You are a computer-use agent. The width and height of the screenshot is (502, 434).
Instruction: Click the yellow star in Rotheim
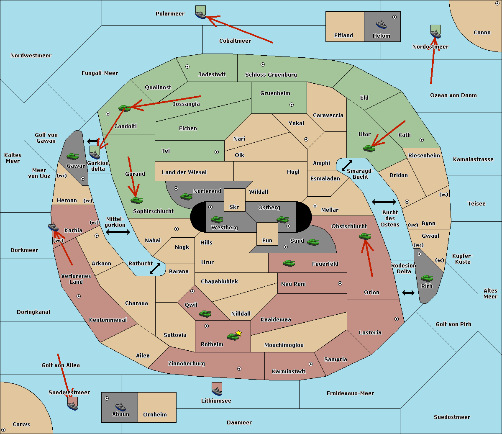pos(239,333)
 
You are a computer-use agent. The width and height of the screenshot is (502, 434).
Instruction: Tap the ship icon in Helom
pos(381,24)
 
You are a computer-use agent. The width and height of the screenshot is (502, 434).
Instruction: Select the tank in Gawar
pos(73,156)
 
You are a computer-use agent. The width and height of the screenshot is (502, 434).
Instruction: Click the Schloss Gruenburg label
pos(271,74)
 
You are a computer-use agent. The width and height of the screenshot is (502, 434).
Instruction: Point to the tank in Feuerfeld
pos(289,263)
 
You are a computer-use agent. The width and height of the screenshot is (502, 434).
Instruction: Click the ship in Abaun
pos(120,406)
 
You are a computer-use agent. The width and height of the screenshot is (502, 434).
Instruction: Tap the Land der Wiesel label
pos(184,172)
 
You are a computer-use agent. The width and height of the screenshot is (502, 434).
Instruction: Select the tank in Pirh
pos(427,278)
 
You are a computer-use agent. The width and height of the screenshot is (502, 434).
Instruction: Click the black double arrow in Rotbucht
pos(155,269)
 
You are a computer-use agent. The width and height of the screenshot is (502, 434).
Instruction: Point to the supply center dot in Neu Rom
pos(340,283)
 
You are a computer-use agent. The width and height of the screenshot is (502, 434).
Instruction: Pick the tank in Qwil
pos(205,313)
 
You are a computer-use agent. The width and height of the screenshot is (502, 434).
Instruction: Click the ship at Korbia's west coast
pos(53,227)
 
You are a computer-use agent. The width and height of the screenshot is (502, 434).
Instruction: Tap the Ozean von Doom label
pos(453,95)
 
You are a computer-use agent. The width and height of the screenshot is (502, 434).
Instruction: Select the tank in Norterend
pos(186,196)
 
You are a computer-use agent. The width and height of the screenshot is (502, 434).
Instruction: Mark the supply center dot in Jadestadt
pos(187,67)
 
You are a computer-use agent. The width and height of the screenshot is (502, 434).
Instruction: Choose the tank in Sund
pos(313,242)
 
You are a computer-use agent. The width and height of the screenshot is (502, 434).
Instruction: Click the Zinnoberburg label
pos(187,364)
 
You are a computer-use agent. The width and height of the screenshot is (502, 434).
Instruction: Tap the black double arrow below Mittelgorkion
pos(118,232)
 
